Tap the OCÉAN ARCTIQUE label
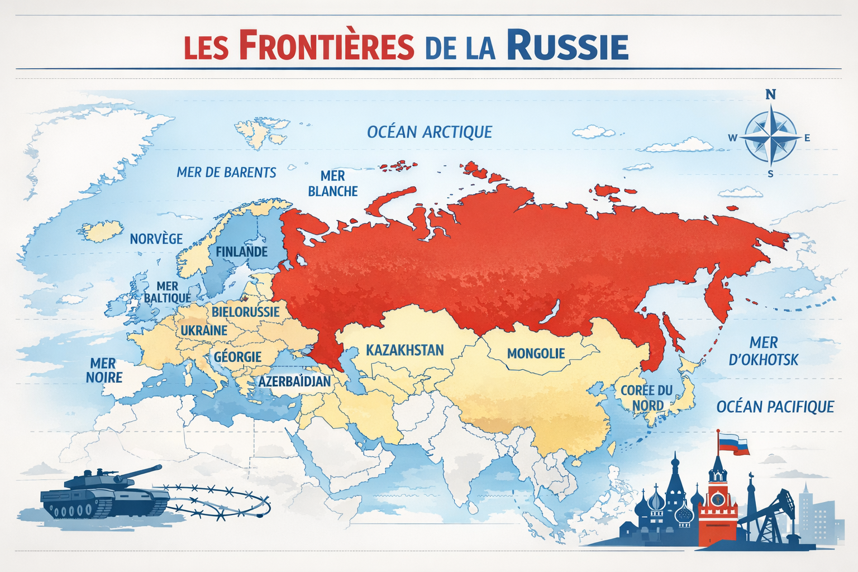pyautogui.click(x=429, y=132)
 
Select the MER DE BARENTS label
pyautogui.click(x=226, y=173)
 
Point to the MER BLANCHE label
pyautogui.click(x=332, y=184)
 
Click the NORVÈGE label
pyautogui.click(x=156, y=239)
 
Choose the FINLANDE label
pyautogui.click(x=241, y=252)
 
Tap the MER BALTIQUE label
pyautogui.click(x=167, y=292)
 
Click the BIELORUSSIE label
pyautogui.click(x=245, y=312)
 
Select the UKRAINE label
pyautogui.click(x=204, y=331)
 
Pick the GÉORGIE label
pyautogui.click(x=237, y=357)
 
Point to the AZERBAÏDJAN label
pyautogui.click(x=294, y=382)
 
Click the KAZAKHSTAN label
pyautogui.click(x=404, y=350)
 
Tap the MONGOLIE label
pyautogui.click(x=536, y=354)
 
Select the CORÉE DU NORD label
pyautogui.click(x=647, y=398)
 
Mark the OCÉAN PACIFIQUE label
pyautogui.click(x=775, y=407)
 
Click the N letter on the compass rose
pyautogui.click(x=770, y=94)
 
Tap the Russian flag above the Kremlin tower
pyautogui.click(x=733, y=444)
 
